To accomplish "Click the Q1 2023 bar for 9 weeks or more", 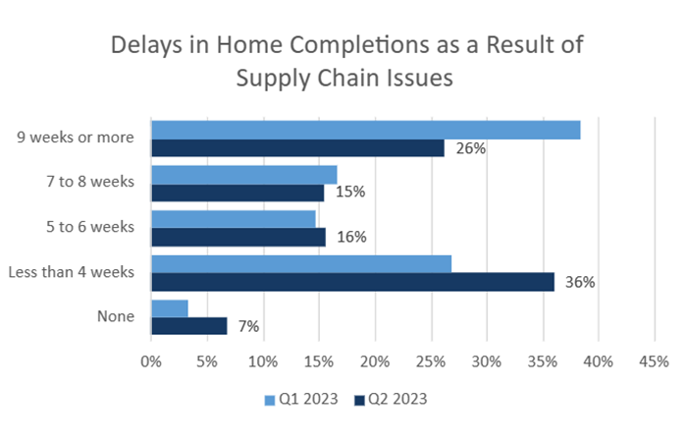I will pos(365,130).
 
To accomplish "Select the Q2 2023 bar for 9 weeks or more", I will pos(297,148).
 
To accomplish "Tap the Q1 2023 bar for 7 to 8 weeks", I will pos(243,174).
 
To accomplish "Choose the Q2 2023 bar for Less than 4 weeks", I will pos(352,282).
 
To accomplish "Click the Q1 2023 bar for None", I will pos(169,307).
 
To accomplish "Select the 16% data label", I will pos(352,237).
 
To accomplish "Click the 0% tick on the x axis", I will pos(151,362).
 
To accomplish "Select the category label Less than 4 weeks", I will pos(71,271).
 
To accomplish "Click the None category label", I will pos(116,316).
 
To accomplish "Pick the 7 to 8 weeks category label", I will pos(91,182).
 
